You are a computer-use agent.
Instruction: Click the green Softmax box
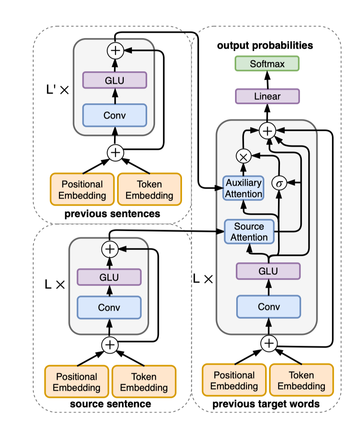tap(267, 63)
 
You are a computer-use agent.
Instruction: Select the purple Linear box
tap(267, 96)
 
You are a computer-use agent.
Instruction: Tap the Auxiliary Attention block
tap(243, 188)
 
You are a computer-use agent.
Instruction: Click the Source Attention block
tap(249, 232)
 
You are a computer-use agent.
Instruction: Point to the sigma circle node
tap(279, 183)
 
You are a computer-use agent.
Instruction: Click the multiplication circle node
tap(243, 156)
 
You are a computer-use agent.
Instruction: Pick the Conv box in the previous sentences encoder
tap(114, 115)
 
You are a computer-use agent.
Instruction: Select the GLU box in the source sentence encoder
tap(109, 277)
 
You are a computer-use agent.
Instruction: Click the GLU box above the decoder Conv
tap(268, 270)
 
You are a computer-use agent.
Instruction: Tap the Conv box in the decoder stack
tap(269, 307)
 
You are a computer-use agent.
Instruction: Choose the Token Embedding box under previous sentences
tap(150, 189)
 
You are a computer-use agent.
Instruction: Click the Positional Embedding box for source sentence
tap(77, 382)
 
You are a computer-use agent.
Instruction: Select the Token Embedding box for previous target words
tap(301, 381)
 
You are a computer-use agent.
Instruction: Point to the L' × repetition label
tap(57, 90)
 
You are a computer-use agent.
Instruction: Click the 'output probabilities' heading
tap(265, 46)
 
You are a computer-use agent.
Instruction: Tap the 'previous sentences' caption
tap(112, 214)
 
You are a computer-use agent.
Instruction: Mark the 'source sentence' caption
tap(110, 403)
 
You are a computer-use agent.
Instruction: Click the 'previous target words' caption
tap(266, 404)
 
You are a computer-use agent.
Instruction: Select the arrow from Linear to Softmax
tap(267, 80)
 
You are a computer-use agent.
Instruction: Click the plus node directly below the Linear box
tap(267, 131)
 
